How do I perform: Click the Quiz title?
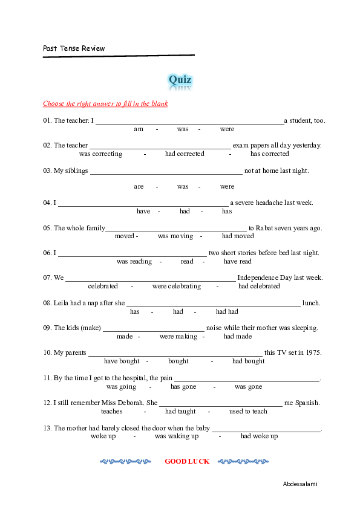[180, 80]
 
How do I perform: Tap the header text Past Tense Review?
[74, 48]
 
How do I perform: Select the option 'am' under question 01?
[139, 129]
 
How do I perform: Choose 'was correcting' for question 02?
[100, 154]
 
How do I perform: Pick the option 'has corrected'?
[270, 154]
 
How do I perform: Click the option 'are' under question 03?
[139, 186]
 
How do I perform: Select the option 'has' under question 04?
[227, 212]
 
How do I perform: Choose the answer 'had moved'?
[238, 236]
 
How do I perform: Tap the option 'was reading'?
[134, 262]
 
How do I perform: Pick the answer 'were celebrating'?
[177, 287]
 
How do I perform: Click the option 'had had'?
[227, 312]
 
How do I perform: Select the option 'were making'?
[178, 337]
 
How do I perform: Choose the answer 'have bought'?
[122, 361]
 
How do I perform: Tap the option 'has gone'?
[183, 387]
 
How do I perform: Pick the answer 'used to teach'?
[248, 412]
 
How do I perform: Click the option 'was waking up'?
[177, 436]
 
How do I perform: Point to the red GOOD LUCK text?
[187, 461]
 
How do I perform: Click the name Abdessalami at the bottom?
[300, 484]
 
